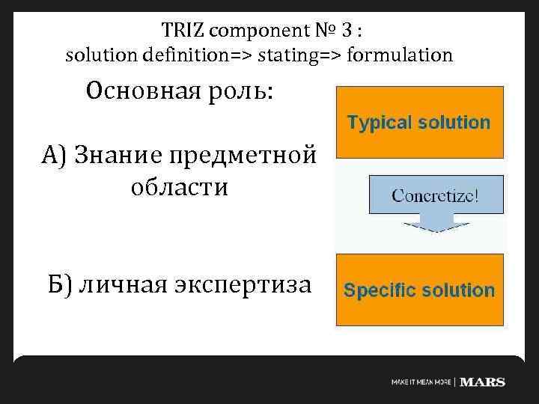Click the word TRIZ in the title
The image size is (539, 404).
182,31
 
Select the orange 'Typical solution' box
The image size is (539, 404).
419,122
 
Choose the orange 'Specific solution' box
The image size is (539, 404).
419,290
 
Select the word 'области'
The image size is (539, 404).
179,187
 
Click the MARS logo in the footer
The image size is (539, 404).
483,382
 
